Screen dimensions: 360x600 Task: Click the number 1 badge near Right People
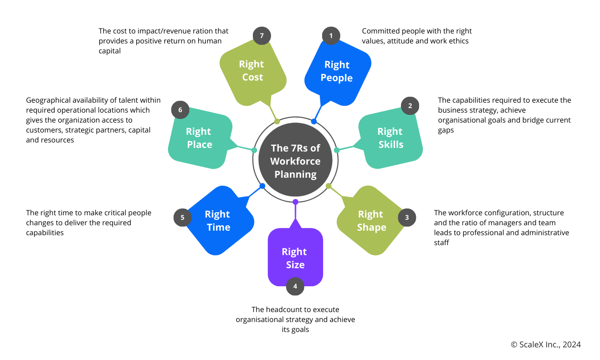[331, 36]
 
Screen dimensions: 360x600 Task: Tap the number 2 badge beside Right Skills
[410, 106]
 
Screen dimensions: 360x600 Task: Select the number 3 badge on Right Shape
[407, 218]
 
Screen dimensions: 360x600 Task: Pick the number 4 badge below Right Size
[295, 286]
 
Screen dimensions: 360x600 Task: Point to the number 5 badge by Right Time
[182, 218]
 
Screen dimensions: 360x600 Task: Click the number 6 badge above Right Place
[180, 110]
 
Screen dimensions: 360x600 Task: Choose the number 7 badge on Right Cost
[262, 36]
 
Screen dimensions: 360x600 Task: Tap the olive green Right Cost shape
[252, 71]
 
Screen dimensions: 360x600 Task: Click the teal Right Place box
[199, 138]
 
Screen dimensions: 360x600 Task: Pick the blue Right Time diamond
[218, 221]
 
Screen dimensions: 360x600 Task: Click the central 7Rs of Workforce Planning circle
[295, 161]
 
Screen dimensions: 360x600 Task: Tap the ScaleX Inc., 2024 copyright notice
[545, 345]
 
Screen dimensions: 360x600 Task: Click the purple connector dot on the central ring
[295, 202]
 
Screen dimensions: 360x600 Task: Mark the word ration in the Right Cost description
[195, 31]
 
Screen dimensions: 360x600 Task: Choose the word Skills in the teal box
[390, 145]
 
